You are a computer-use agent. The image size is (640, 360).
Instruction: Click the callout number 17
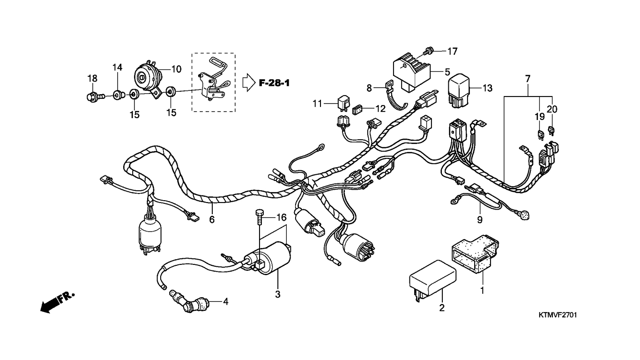coord(453,52)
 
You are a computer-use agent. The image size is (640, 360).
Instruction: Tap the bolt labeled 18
coord(96,97)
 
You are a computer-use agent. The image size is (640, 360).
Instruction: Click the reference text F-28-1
coord(274,83)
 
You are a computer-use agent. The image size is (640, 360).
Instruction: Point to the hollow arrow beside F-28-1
coord(249,82)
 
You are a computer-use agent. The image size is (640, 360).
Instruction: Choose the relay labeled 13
coord(458,90)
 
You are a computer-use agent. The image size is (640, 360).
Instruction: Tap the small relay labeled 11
coord(344,103)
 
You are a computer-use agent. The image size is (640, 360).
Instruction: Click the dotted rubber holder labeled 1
coord(475,253)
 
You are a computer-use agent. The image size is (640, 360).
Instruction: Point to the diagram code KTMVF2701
coord(558,315)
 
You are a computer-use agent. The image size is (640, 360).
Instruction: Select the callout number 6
coord(212,219)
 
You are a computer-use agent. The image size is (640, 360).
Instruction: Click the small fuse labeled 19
coord(540,135)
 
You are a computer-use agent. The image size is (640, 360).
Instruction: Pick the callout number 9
coord(480,219)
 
